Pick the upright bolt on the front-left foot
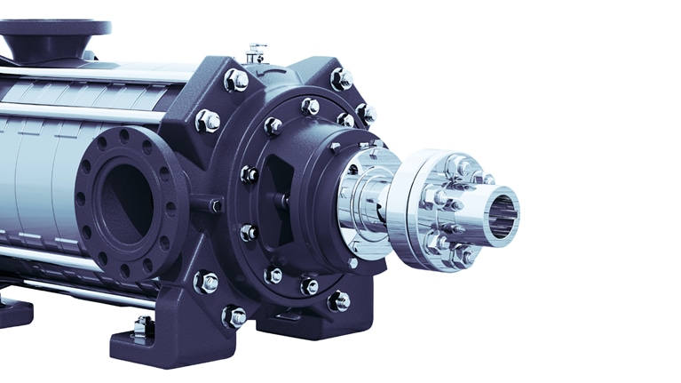(141, 327)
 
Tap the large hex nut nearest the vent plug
(236, 81)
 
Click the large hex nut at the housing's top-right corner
(342, 79)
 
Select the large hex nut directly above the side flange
(207, 121)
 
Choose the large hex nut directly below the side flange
(206, 283)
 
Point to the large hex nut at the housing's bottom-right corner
(338, 301)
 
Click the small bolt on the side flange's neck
(215, 205)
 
